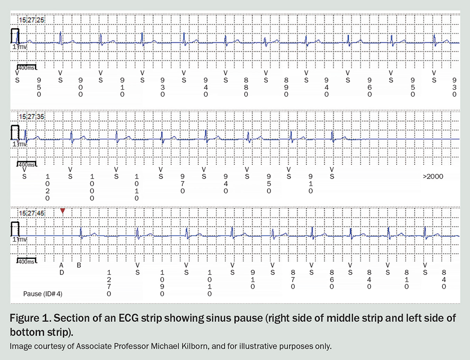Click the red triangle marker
63,211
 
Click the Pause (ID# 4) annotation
43,294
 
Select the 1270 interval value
109,283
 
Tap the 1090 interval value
163,283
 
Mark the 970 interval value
182,183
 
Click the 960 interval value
370,87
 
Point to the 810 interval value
407,279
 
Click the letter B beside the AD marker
78,265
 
